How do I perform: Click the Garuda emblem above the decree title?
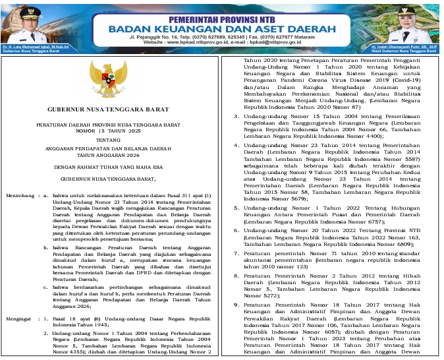point(109,79)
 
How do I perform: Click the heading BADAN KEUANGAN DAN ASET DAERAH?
point(222,30)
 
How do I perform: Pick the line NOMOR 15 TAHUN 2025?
point(109,130)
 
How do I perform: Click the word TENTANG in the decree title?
point(109,140)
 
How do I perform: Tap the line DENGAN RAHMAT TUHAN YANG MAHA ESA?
point(109,167)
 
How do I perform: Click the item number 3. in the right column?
point(236,117)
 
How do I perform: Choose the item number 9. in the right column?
point(236,307)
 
